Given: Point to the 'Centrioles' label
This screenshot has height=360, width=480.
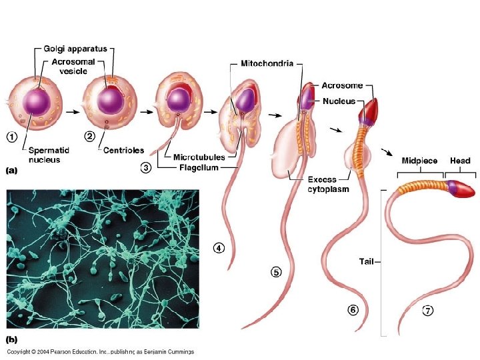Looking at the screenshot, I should point(123,150).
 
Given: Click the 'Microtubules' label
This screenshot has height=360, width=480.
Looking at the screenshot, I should point(199,157).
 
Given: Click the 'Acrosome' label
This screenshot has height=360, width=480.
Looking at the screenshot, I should point(342,85).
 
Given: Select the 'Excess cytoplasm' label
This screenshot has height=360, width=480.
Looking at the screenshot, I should point(327,184).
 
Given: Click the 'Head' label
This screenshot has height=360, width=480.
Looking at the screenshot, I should point(460,161).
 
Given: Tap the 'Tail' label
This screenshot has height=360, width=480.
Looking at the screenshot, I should point(367,262).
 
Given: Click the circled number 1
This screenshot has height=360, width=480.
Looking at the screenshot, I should point(12,137).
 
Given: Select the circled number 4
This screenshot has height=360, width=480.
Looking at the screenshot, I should point(219,247).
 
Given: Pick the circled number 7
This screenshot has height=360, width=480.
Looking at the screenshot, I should point(427,310).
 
